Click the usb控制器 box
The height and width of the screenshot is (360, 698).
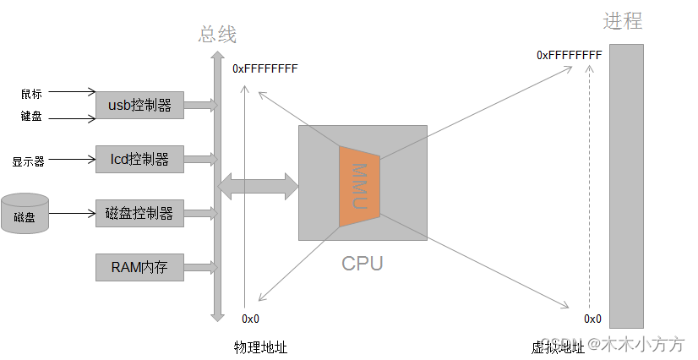pos(139,106)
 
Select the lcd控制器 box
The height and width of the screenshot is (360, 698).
pos(139,159)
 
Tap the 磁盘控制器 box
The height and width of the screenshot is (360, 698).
pos(139,213)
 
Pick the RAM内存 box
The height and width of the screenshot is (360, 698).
pos(139,268)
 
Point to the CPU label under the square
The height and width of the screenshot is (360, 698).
pos(362,263)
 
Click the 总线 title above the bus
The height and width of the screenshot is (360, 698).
pos(217,35)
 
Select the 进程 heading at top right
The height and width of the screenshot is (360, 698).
pos(622,21)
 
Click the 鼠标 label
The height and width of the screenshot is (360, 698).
pos(31,93)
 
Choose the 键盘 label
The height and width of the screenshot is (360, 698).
pos(31,117)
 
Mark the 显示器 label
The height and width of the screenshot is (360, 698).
pos(28,161)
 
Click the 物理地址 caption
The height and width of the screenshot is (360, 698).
pos(260,347)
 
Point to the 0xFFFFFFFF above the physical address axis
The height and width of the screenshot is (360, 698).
pos(264,68)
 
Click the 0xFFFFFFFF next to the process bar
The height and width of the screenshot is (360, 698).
pos(569,55)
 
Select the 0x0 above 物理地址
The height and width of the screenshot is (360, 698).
pos(250,319)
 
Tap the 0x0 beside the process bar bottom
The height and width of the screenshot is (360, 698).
pos(592,319)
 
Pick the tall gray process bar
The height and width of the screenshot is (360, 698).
pos(626,186)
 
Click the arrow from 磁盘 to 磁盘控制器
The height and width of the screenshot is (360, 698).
pos(73,213)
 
